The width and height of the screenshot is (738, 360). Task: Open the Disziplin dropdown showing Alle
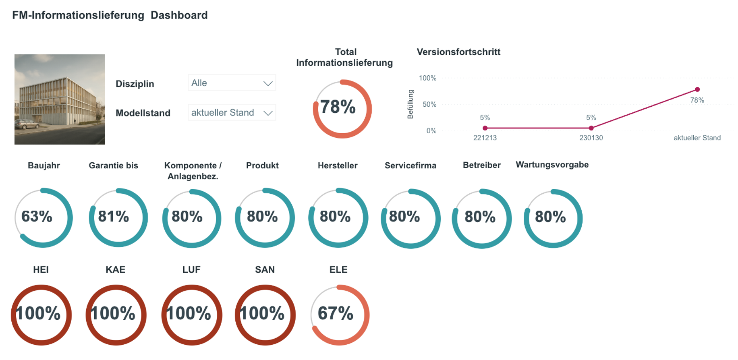(x=232, y=83)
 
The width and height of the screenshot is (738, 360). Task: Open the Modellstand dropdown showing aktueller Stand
(x=232, y=113)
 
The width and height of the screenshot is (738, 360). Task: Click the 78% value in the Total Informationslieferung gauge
(x=338, y=107)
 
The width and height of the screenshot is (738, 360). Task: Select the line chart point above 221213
(x=485, y=128)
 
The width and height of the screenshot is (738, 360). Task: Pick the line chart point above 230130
(x=591, y=128)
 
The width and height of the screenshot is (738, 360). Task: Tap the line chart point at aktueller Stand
(x=697, y=89)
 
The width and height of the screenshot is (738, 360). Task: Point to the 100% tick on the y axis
(x=427, y=78)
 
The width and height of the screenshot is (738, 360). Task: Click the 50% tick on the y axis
(x=429, y=104)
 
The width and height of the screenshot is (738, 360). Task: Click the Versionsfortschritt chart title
(x=458, y=52)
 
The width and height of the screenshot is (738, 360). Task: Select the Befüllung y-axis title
(x=410, y=104)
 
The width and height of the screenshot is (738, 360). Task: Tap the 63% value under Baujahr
(x=37, y=217)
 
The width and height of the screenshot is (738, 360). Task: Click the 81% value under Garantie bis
(x=114, y=217)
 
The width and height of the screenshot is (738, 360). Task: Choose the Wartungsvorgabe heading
(x=552, y=165)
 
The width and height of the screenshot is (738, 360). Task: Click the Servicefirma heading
(x=410, y=166)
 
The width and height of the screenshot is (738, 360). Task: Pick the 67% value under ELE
(x=336, y=313)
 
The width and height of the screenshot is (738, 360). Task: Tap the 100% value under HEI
(x=38, y=313)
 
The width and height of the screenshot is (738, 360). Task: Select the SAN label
(x=265, y=270)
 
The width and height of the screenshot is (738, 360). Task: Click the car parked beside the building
(x=27, y=124)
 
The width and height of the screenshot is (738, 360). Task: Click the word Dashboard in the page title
(x=179, y=15)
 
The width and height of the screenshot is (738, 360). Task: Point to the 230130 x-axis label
(x=591, y=138)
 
